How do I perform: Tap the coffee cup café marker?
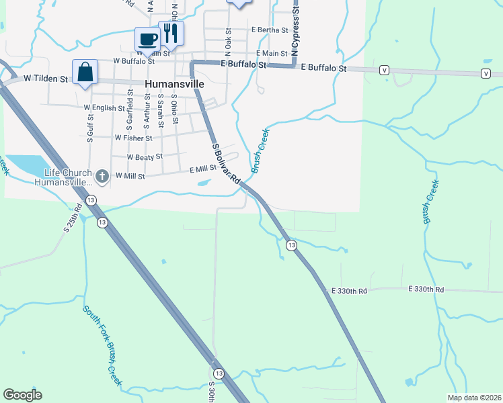147,38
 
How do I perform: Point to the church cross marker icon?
102,176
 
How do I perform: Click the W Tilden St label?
46,79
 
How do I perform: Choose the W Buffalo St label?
134,60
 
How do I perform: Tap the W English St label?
104,107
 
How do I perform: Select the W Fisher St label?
134,138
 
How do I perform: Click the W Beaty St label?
145,156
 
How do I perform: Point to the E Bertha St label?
270,30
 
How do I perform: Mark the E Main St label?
272,53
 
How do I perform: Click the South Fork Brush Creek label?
103,346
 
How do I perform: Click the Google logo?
22,395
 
